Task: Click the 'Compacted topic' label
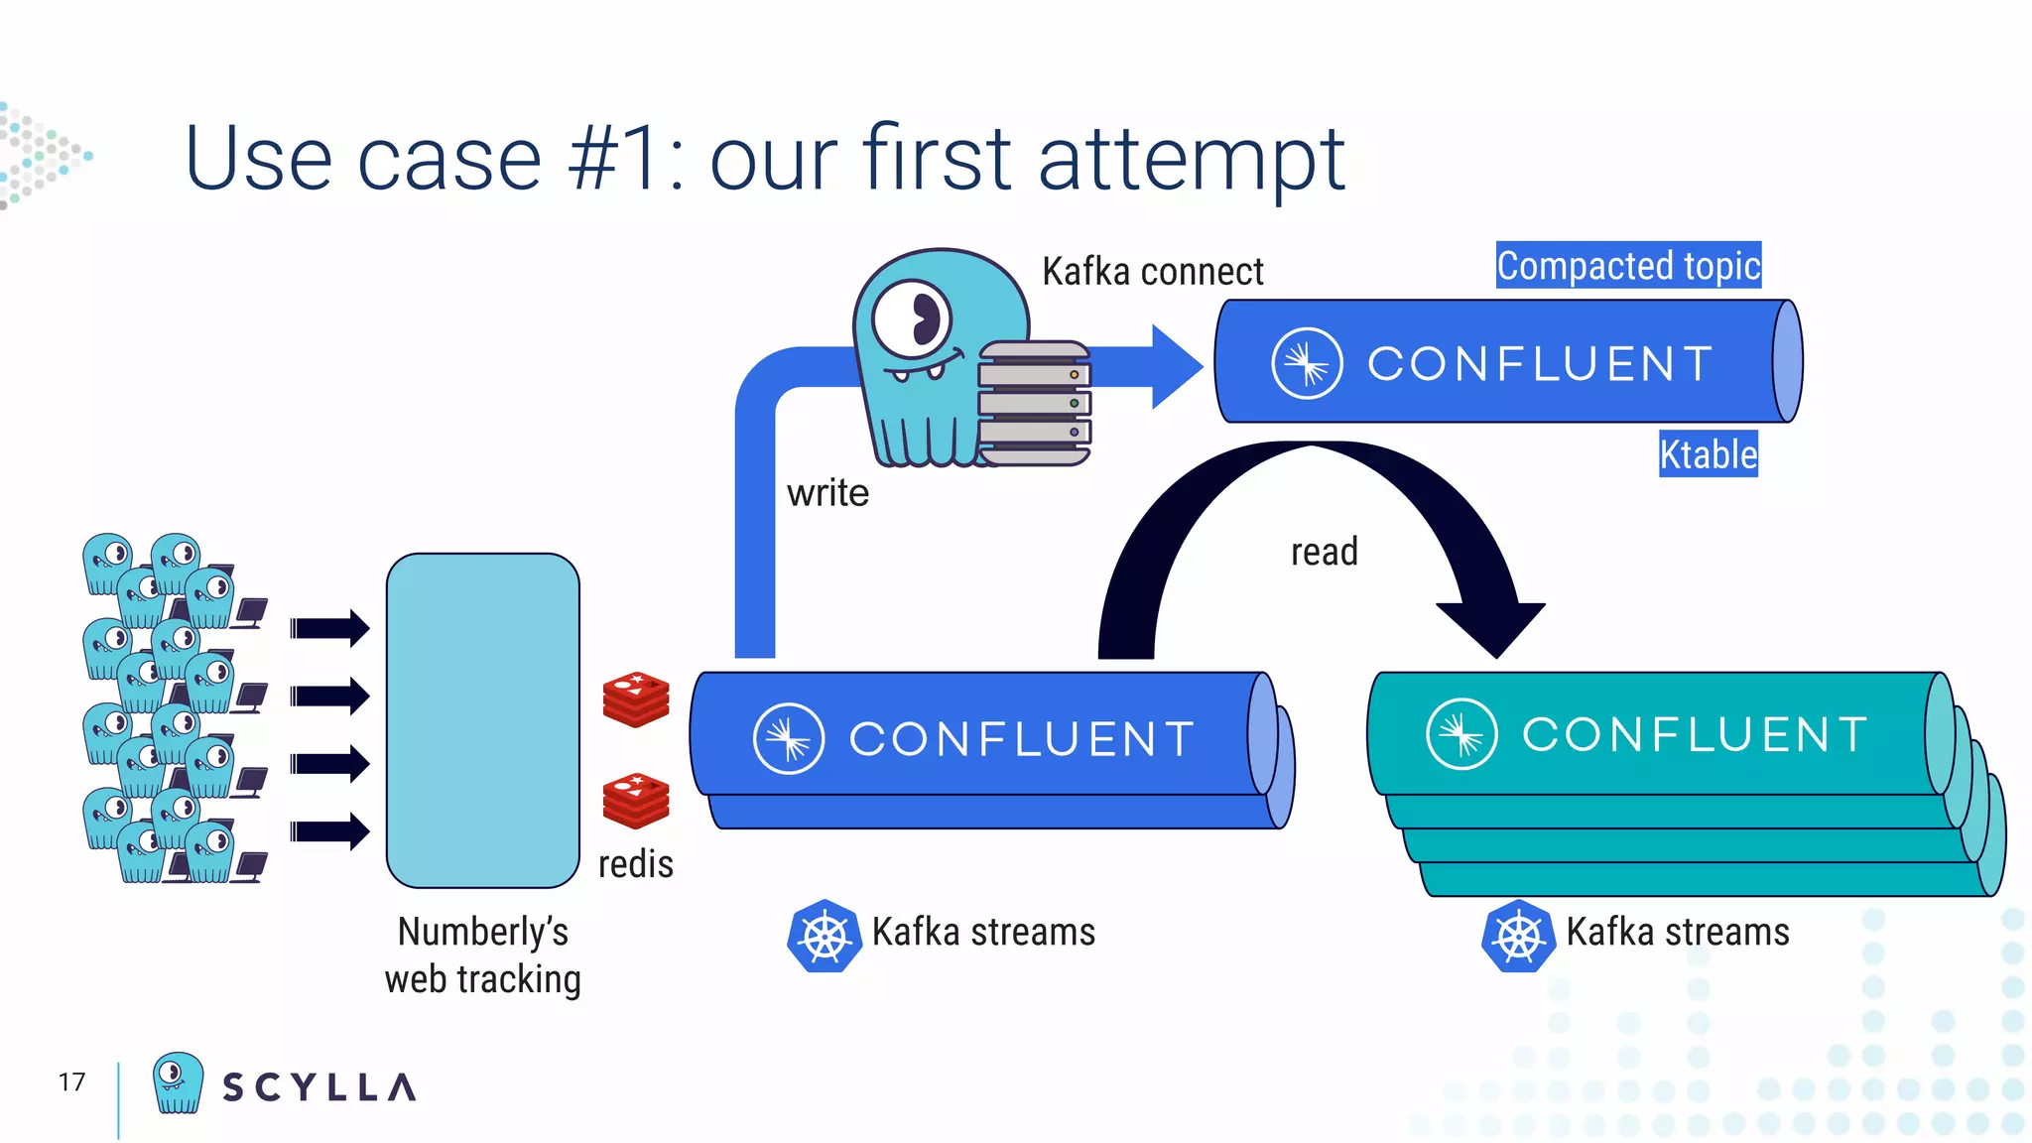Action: click(1628, 266)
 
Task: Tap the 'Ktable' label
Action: click(1708, 454)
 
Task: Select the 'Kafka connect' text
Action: click(1152, 272)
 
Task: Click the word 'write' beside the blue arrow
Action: click(827, 493)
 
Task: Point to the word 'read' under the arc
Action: click(1324, 552)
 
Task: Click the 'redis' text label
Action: click(635, 864)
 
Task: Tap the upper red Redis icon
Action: click(636, 699)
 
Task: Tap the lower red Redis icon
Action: click(636, 801)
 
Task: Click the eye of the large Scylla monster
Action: click(914, 319)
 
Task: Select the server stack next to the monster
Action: click(1034, 404)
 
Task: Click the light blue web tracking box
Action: click(483, 720)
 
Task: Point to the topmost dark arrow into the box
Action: click(330, 628)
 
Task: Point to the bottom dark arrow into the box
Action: click(330, 831)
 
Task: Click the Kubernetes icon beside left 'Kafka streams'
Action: click(824, 937)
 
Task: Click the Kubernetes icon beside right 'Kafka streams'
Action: click(1517, 937)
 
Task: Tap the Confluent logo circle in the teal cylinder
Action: click(1461, 735)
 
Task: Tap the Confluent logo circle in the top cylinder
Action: click(1307, 363)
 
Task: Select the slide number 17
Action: click(71, 1082)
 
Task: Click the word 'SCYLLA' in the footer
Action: click(318, 1087)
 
